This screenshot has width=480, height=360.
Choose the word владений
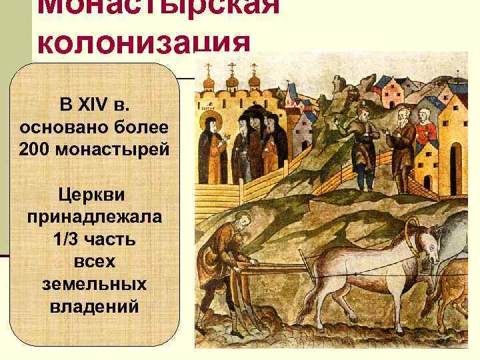[x=95, y=307]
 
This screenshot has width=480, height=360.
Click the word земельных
[x=95, y=285]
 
